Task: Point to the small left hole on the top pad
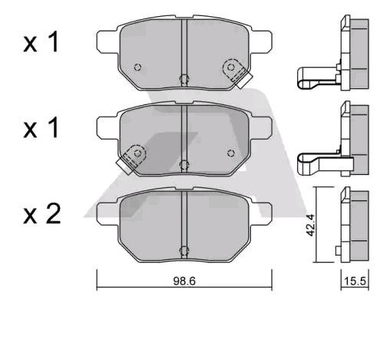137,67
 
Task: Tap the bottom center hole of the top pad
183,78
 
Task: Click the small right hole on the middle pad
229,153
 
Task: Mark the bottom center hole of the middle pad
183,163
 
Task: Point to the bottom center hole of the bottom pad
183,249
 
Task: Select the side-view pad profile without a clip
355,226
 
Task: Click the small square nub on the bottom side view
339,251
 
